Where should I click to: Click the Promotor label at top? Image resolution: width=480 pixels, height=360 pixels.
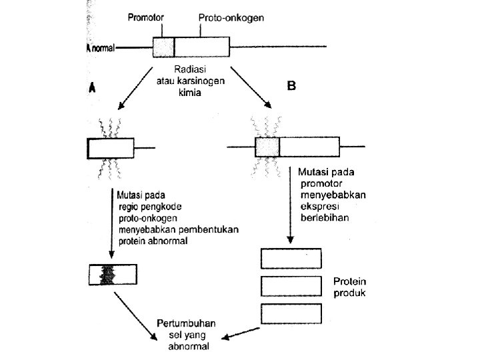click(146, 17)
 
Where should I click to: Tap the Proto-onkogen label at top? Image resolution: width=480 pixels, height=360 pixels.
click(231, 18)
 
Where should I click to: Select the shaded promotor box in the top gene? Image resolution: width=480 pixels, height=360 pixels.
click(163, 47)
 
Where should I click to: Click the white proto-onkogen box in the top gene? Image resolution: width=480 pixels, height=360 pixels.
click(202, 47)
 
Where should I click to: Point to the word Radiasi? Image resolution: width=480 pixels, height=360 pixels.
click(190, 69)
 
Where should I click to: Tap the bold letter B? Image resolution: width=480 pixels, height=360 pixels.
click(291, 85)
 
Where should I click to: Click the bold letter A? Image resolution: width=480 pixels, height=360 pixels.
click(92, 87)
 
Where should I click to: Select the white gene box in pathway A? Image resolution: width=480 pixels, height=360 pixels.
click(111, 148)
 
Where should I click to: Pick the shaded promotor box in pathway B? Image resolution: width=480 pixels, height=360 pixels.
click(267, 147)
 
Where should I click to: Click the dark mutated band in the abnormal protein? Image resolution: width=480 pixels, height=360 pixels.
click(107, 275)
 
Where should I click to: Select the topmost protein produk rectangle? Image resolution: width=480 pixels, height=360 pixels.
click(291, 259)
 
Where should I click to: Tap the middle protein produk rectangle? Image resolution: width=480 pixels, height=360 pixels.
click(291, 286)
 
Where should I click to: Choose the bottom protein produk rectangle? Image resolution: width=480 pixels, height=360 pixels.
click(291, 313)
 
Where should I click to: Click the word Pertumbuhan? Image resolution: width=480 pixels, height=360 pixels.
click(186, 323)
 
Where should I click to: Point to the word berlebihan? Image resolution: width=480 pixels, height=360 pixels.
click(325, 217)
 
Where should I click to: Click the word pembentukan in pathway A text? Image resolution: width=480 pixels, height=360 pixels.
click(209, 229)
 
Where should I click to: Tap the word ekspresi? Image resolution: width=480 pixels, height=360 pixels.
click(319, 206)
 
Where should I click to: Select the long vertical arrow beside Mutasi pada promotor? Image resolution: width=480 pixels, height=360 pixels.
click(290, 205)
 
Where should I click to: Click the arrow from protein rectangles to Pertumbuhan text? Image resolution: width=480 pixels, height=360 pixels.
click(241, 333)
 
